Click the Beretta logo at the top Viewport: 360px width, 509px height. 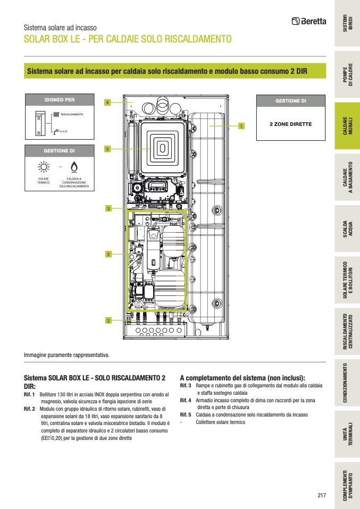point(309,22)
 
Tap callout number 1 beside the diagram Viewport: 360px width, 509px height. point(241,126)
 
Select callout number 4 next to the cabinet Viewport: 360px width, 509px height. point(107,102)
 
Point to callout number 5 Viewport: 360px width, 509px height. point(107,149)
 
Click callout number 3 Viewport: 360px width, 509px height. point(107,208)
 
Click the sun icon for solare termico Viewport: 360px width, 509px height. point(43,166)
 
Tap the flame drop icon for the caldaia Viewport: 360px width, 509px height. point(73,166)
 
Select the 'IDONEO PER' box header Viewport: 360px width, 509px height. point(60,100)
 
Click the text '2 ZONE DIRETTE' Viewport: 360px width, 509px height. point(290,124)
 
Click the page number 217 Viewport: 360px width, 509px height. point(321,495)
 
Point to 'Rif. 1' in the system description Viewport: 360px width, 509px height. point(29,395)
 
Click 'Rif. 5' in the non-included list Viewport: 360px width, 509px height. point(186,414)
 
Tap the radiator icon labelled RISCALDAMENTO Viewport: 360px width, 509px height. point(56,114)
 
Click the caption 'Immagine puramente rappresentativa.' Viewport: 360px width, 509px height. point(66,354)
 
